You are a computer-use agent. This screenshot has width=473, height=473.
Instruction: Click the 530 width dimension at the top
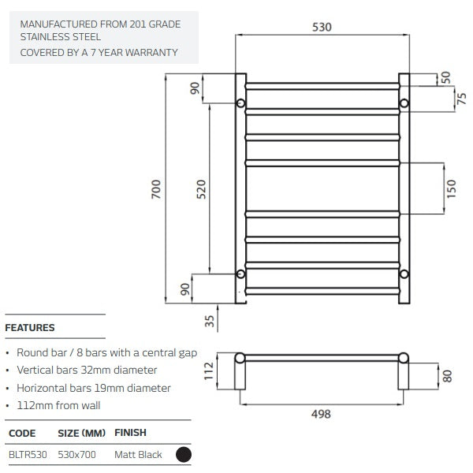point(322,27)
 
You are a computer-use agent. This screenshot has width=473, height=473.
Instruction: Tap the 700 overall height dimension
point(156,189)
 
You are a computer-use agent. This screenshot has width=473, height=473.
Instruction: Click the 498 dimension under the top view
point(322,414)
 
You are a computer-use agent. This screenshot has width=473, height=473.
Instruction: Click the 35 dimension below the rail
point(209,321)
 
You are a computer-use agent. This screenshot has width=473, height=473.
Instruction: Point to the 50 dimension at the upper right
point(446,76)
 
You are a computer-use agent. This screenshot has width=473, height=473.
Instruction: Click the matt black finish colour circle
point(184,454)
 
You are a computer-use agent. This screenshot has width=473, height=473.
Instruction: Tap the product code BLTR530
point(28,455)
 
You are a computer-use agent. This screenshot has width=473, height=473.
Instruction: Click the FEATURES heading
point(30,328)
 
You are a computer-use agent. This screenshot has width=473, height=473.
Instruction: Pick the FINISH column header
point(131,433)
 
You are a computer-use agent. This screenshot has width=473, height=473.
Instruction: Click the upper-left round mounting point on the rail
point(241,103)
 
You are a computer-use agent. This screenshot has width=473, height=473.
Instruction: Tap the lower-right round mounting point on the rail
point(404,274)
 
